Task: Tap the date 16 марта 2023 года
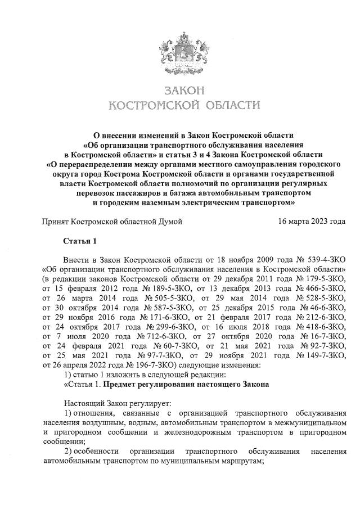pos(312,222)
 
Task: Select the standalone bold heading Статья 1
pos(80,242)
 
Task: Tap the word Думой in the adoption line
pos(172,222)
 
